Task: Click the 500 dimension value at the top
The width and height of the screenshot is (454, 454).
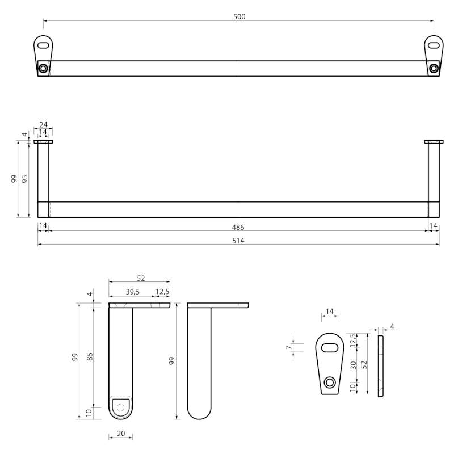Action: coord(239,16)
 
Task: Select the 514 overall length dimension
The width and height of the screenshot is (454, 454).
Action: coord(239,241)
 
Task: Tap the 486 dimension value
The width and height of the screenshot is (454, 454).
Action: coord(239,227)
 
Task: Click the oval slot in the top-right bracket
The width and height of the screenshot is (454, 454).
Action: coord(434,44)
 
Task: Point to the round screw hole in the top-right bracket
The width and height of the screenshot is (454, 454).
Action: coord(434,69)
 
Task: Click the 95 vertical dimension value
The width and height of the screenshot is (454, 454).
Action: coord(25,179)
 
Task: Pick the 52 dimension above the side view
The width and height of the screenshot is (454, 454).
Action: coord(141,278)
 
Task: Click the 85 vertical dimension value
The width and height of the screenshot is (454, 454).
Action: coord(90,356)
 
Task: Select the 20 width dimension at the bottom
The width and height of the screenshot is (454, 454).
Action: coord(120,434)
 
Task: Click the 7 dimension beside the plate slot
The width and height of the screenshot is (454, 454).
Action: coord(289,347)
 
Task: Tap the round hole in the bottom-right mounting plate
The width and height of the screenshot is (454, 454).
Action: coord(329,382)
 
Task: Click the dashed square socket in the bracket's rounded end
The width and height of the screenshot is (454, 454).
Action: coord(120,406)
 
